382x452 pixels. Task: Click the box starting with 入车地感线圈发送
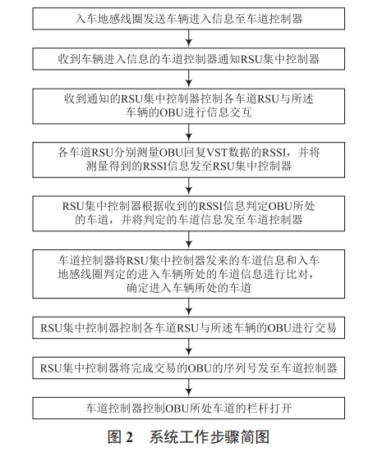coord(190,19)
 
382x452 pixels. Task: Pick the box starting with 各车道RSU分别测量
coord(190,158)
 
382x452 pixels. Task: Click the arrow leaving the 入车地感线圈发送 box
coord(190,38)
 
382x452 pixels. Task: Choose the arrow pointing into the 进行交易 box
coord(190,306)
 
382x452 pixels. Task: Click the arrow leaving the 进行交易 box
coord(190,345)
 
